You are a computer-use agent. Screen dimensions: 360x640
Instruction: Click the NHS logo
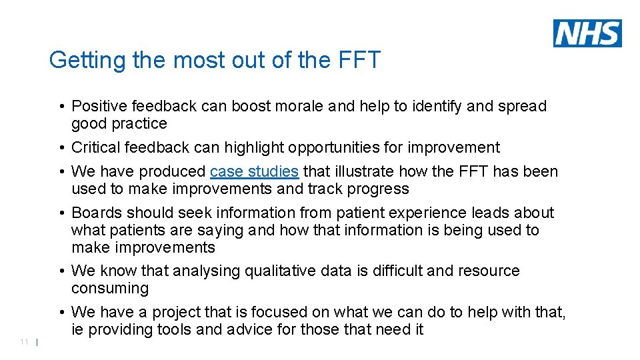(587, 33)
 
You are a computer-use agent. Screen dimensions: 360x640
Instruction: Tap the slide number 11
(24, 342)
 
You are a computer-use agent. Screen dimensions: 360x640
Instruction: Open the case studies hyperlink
(254, 172)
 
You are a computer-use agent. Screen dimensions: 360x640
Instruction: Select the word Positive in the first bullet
(99, 107)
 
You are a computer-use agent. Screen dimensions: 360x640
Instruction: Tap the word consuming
(109, 289)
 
